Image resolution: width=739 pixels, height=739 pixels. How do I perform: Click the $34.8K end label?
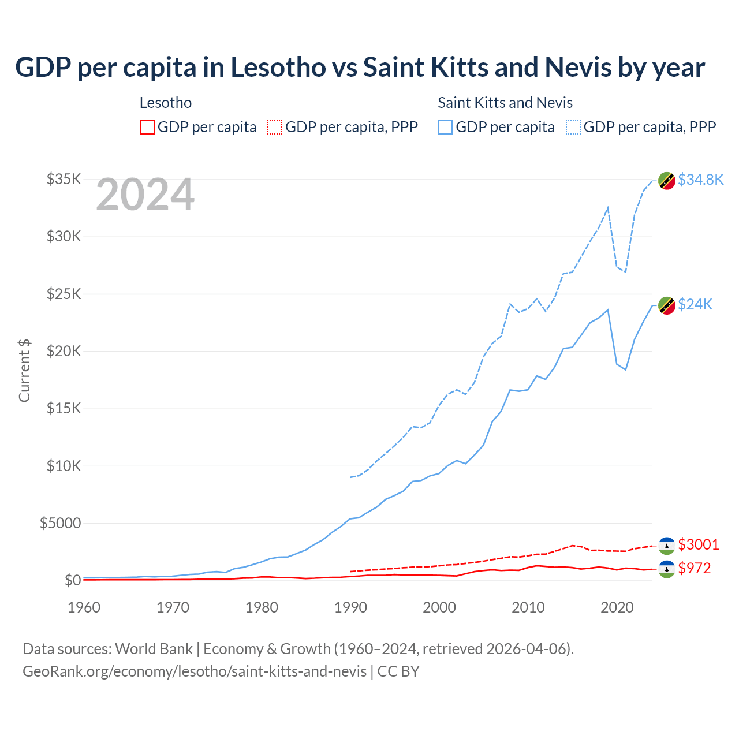coord(700,180)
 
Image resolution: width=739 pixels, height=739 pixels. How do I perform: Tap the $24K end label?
coord(695,304)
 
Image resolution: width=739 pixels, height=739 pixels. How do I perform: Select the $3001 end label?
coord(699,544)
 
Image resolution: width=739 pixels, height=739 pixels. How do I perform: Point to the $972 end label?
coord(695,568)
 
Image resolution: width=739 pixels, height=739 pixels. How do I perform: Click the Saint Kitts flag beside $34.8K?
coord(667,181)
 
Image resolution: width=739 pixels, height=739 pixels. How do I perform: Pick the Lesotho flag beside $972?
coord(667,569)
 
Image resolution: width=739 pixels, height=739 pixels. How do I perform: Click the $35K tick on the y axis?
coord(64,179)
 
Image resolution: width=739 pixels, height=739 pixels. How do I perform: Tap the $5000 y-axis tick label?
coord(60,523)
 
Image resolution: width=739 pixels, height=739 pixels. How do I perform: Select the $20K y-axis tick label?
coord(64,351)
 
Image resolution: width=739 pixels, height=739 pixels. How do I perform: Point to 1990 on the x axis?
coord(350,607)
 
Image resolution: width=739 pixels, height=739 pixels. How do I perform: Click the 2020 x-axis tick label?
coord(617,607)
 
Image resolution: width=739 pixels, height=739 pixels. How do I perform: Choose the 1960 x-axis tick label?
coord(84,607)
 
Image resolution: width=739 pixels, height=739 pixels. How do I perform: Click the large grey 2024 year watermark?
coord(145,195)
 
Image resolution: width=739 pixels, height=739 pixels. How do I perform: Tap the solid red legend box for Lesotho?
coord(147,127)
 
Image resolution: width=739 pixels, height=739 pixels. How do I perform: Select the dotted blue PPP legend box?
coord(573,127)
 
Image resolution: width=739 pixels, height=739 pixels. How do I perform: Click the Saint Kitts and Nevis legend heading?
coord(505,103)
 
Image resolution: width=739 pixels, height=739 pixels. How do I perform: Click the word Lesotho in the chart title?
coord(278,67)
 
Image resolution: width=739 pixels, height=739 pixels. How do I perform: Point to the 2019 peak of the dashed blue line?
coord(608,208)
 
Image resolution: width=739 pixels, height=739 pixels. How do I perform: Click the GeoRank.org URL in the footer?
coord(195,671)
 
